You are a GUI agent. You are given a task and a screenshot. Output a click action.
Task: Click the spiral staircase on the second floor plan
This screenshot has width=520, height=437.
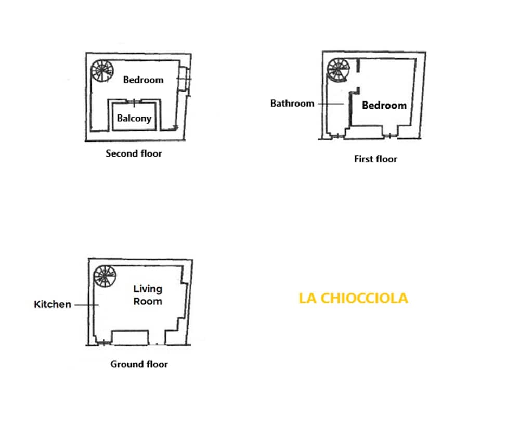102,71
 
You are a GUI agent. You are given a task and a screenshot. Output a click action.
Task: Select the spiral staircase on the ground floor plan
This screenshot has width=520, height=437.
105,276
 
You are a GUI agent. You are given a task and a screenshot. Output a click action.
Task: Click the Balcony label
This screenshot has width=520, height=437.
134,119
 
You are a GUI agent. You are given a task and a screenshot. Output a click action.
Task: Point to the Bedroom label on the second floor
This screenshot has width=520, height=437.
144,80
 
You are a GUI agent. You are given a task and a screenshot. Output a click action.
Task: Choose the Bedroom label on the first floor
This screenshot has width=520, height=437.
384,106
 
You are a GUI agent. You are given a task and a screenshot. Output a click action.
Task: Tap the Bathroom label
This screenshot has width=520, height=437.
292,104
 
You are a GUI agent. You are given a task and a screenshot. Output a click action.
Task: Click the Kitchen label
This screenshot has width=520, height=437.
53,305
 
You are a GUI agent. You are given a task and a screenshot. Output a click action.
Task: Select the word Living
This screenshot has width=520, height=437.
148,289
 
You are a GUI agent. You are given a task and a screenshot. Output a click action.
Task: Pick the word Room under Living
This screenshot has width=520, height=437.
148,302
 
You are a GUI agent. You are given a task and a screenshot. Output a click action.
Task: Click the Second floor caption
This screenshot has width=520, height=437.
134,153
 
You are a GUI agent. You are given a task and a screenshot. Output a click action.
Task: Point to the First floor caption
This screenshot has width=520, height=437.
375,159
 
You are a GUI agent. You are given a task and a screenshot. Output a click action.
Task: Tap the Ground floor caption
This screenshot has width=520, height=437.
139,364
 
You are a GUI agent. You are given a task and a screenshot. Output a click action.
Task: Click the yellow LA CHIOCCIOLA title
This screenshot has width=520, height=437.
353,298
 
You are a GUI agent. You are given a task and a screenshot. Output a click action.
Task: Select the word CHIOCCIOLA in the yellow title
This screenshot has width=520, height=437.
364,298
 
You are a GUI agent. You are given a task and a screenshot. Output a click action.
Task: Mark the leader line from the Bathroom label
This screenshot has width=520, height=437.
331,104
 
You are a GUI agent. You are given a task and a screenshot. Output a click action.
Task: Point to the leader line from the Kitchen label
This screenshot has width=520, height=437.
86,305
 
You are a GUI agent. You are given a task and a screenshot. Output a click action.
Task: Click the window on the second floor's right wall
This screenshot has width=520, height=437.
184,79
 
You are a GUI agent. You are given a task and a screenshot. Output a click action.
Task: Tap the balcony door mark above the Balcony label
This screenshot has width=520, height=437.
134,102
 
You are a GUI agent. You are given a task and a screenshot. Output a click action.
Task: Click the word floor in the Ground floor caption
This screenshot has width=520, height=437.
157,364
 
